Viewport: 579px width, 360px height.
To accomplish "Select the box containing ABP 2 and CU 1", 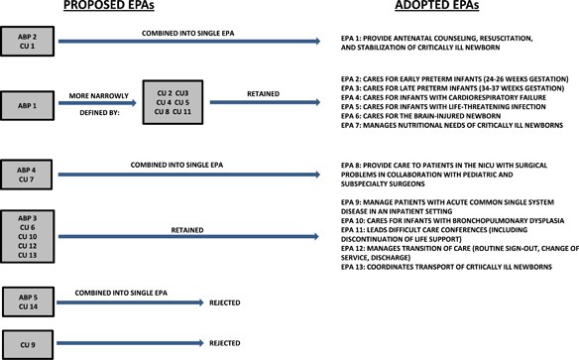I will [x=27, y=42].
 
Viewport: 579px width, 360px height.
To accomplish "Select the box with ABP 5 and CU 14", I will [x=27, y=300].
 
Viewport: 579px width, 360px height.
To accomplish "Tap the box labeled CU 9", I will [x=27, y=343].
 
